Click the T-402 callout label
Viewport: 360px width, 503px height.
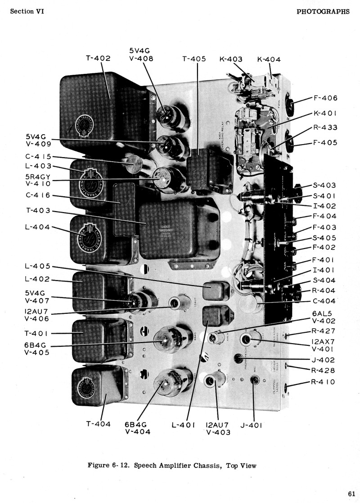click(98, 58)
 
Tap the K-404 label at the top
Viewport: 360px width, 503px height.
click(269, 59)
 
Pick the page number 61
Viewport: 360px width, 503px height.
click(345, 492)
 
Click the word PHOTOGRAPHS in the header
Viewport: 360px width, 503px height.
click(323, 12)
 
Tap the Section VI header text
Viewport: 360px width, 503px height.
click(28, 12)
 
